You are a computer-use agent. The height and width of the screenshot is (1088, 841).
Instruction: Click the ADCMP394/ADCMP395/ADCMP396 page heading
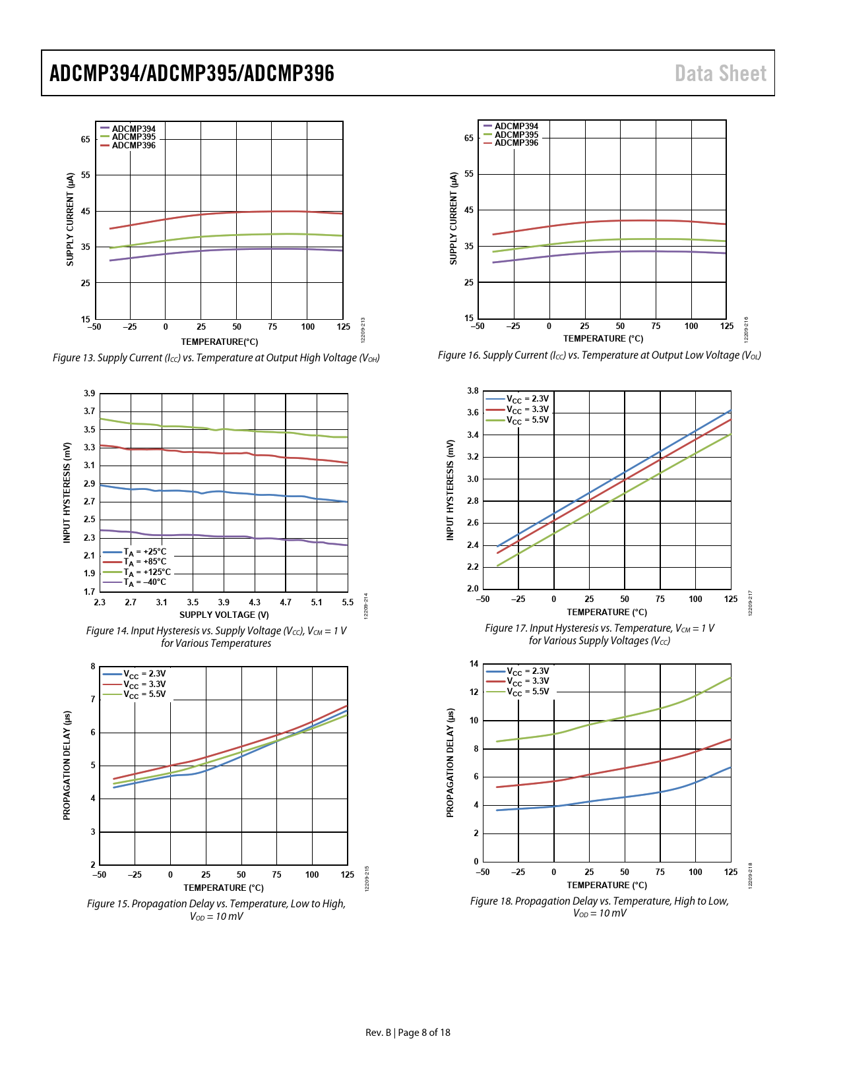pyautogui.click(x=192, y=73)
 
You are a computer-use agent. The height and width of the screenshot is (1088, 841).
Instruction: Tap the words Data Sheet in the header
pyautogui.click(x=720, y=73)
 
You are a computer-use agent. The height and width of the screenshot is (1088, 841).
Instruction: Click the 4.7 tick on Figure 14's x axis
pyautogui.click(x=286, y=602)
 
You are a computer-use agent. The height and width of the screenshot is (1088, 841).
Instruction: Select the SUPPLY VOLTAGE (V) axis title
pyautogui.click(x=224, y=615)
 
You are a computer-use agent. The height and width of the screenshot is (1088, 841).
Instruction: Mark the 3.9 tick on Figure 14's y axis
pyautogui.click(x=89, y=394)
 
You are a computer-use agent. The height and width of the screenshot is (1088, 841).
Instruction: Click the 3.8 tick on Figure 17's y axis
pyautogui.click(x=472, y=391)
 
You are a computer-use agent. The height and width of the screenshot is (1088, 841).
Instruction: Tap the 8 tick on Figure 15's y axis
pyautogui.click(x=93, y=667)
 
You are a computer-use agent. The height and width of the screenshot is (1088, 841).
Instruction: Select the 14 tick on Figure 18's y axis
pyautogui.click(x=474, y=664)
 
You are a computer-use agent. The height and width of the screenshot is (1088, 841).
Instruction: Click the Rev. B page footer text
pyautogui.click(x=408, y=1033)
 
